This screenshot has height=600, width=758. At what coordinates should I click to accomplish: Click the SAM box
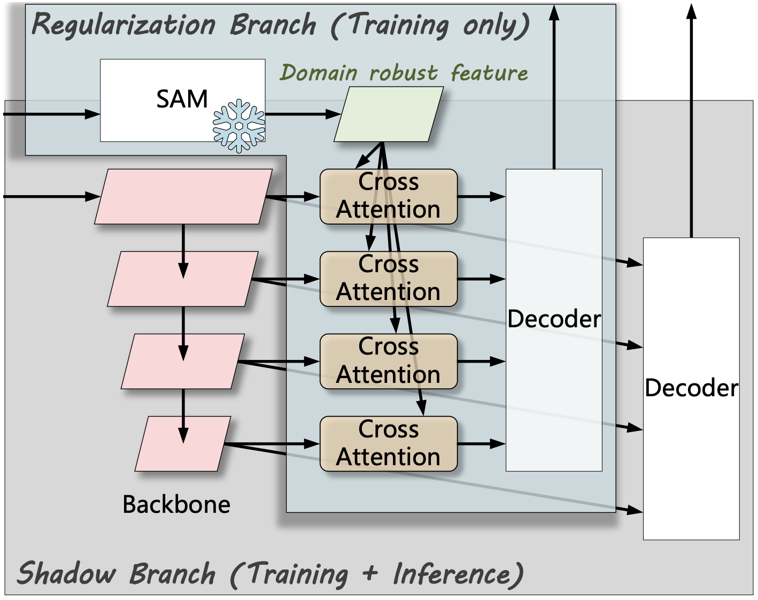pyautogui.click(x=182, y=101)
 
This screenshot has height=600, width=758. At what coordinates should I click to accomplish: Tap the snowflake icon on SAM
pyautogui.click(x=239, y=126)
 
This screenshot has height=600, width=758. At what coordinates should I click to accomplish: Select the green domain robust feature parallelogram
pyautogui.click(x=389, y=114)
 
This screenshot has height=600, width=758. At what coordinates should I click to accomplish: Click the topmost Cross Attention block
pyautogui.click(x=389, y=196)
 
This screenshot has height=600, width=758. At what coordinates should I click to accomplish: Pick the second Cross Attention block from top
pyautogui.click(x=389, y=279)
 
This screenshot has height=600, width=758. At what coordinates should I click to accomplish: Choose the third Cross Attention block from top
pyautogui.click(x=389, y=361)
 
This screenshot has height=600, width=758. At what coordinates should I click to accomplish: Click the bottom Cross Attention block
pyautogui.click(x=389, y=443)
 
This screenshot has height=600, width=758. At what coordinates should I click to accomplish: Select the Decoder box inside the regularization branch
pyautogui.click(x=554, y=320)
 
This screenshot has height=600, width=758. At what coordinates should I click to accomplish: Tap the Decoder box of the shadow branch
pyautogui.click(x=691, y=389)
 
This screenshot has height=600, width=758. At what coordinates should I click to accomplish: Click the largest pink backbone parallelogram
pyautogui.click(x=183, y=196)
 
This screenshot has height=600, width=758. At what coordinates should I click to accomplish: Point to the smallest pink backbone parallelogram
pyautogui.click(x=183, y=443)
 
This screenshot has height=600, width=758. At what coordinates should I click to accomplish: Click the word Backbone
pyautogui.click(x=176, y=504)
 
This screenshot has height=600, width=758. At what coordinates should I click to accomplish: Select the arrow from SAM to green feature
pyautogui.click(x=303, y=114)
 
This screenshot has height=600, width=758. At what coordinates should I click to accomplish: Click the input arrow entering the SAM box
pyautogui.click(x=52, y=114)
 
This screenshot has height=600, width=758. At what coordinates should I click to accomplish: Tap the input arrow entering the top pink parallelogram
pyautogui.click(x=52, y=196)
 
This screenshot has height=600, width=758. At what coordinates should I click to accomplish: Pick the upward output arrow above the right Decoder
pyautogui.click(x=691, y=120)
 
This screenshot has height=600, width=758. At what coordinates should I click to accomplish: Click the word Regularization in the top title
pyautogui.click(x=123, y=25)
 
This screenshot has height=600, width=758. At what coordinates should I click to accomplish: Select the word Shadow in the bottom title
pyautogui.click(x=66, y=573)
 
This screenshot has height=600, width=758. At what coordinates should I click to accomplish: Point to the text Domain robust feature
pyautogui.click(x=404, y=73)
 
